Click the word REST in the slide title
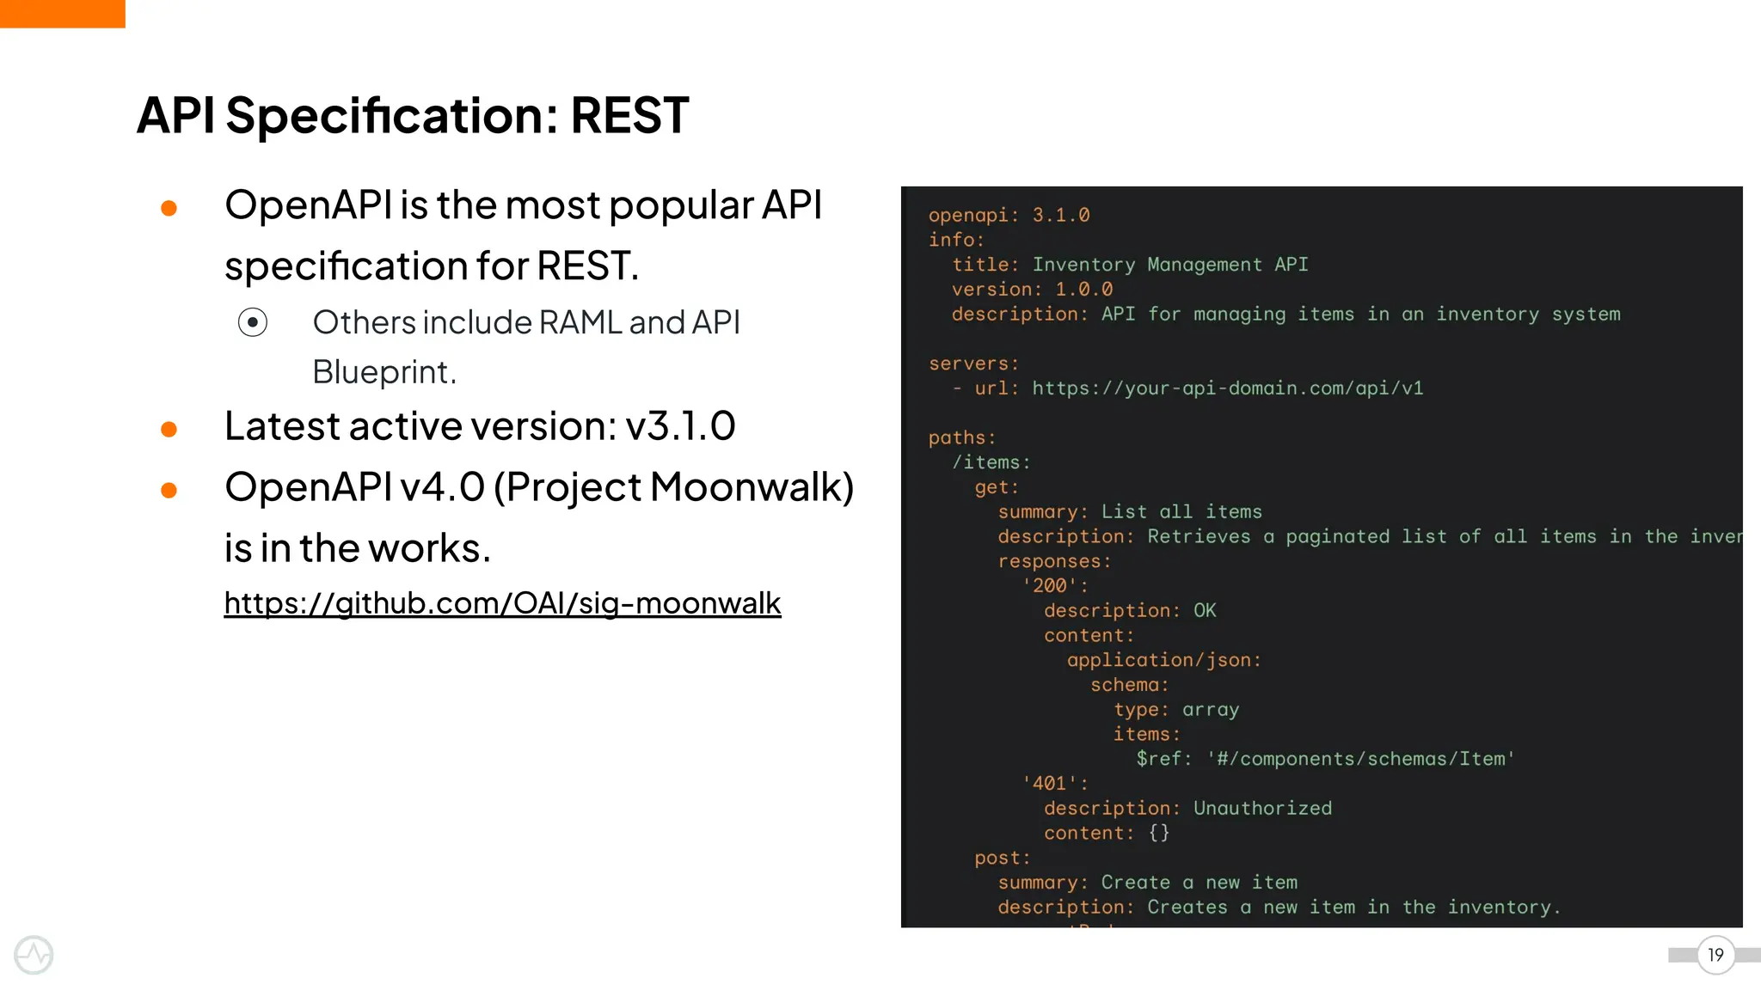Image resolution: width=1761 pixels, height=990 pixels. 629,116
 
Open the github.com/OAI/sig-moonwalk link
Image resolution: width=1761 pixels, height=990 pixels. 502,603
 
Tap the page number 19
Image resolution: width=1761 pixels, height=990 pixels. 1715,955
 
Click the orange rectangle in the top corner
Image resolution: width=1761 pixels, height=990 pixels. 62,14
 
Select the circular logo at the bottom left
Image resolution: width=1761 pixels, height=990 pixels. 34,955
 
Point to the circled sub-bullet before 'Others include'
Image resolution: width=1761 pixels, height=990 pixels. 253,322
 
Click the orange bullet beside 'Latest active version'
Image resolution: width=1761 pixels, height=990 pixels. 169,429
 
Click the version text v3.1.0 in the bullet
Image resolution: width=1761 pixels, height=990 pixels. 680,426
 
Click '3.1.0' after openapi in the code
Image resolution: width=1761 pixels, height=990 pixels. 1060,215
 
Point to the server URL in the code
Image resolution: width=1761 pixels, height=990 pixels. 1227,388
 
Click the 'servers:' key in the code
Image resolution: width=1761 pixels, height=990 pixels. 973,364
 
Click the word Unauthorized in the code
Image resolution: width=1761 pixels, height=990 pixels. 1262,809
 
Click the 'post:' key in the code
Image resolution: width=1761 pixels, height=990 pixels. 1002,858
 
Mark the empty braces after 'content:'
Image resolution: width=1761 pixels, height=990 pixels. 1158,833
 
